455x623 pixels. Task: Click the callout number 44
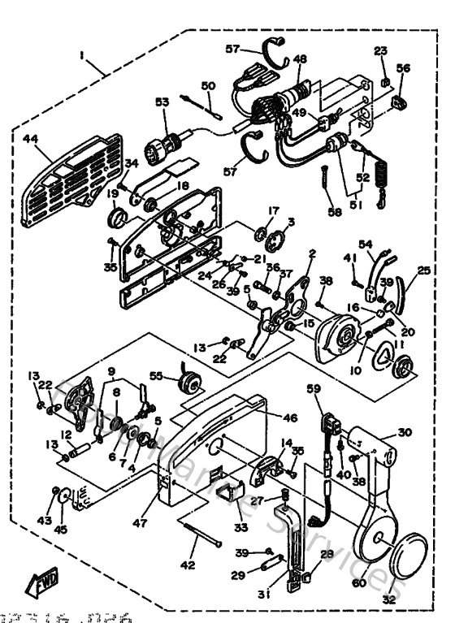pyautogui.click(x=31, y=139)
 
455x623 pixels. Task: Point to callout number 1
pyautogui.click(x=81, y=55)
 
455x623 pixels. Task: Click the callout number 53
pyautogui.click(x=162, y=102)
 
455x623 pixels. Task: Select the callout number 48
pyautogui.click(x=300, y=59)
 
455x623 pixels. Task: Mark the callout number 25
pyautogui.click(x=422, y=270)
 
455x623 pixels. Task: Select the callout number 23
pyautogui.click(x=381, y=50)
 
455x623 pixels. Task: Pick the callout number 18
pyautogui.click(x=183, y=185)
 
